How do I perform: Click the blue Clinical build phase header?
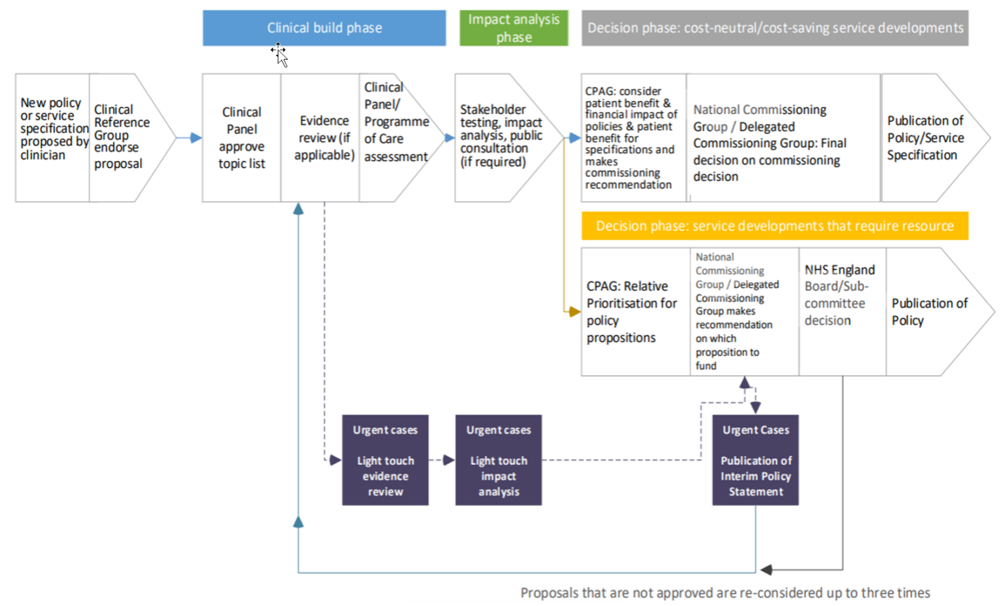[x=324, y=28]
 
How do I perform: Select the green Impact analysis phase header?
[x=514, y=28]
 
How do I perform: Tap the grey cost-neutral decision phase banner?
[x=775, y=28]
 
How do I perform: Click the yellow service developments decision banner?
[x=775, y=226]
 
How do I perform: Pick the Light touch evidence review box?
[x=385, y=460]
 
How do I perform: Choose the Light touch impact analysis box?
[x=499, y=460]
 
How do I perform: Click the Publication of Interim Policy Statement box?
[x=756, y=460]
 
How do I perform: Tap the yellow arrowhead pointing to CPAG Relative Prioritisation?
[x=574, y=311]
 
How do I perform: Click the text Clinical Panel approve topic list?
[x=241, y=138]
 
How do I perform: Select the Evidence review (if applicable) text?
[x=325, y=138]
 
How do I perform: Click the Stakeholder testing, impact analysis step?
[x=501, y=135]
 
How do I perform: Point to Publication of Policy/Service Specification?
[x=925, y=138]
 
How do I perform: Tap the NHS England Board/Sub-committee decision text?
[x=839, y=295]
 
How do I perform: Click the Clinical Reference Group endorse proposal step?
[x=122, y=137]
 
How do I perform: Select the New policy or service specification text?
[x=54, y=129]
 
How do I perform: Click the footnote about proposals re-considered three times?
[x=725, y=593]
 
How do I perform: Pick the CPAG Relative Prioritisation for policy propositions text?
[x=631, y=312]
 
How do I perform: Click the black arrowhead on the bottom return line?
[x=766, y=569]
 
